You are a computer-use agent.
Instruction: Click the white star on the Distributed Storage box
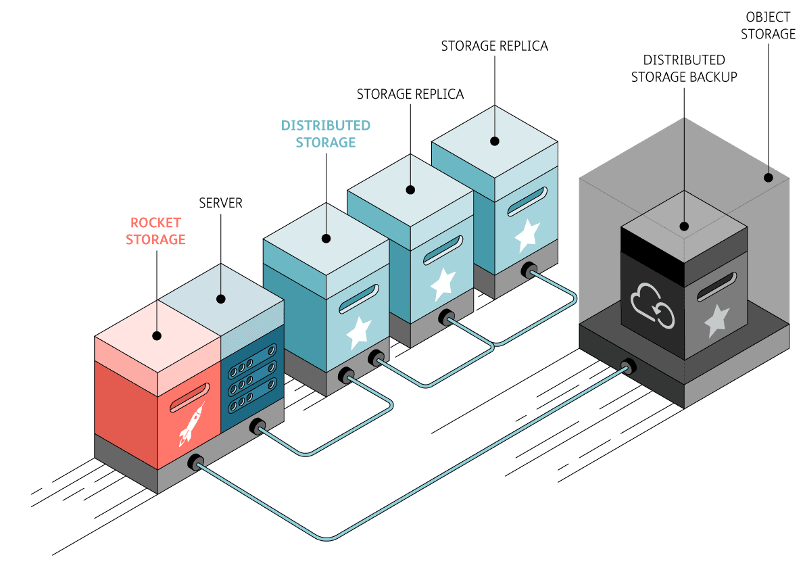click(359, 330)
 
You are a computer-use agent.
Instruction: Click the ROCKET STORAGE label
click(155, 231)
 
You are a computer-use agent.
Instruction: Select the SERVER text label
click(220, 203)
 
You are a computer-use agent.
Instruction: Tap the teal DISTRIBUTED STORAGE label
click(326, 134)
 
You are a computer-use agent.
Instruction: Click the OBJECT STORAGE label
click(768, 26)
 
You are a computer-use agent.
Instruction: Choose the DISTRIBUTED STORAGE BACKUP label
click(684, 69)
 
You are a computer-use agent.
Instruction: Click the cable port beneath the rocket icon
click(195, 463)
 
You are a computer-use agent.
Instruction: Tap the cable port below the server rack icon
click(257, 427)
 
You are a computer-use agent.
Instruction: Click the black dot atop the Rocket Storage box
click(157, 335)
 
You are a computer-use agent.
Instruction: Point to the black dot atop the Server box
click(220, 298)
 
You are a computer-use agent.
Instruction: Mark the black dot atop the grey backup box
click(684, 227)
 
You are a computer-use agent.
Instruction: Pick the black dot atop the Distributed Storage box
click(326, 238)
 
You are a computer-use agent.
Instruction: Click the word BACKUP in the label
click(713, 76)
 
